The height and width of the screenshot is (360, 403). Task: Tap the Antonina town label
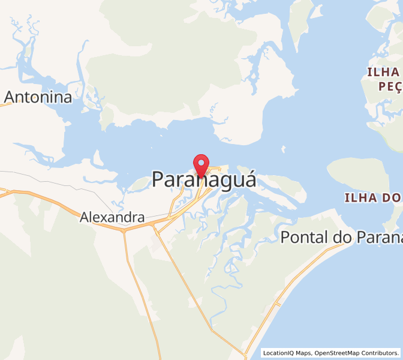tap(38, 97)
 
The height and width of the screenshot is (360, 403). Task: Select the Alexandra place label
tap(112, 217)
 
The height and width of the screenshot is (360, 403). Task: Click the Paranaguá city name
tap(204, 179)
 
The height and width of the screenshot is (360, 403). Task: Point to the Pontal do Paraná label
tap(341, 237)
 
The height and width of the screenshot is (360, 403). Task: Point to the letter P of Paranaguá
tap(158, 179)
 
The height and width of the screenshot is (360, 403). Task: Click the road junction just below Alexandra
tap(124, 229)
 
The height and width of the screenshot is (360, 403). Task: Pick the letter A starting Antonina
tap(11, 97)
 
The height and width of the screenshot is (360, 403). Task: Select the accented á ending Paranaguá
tap(249, 178)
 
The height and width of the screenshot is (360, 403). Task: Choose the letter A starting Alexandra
tap(85, 217)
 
